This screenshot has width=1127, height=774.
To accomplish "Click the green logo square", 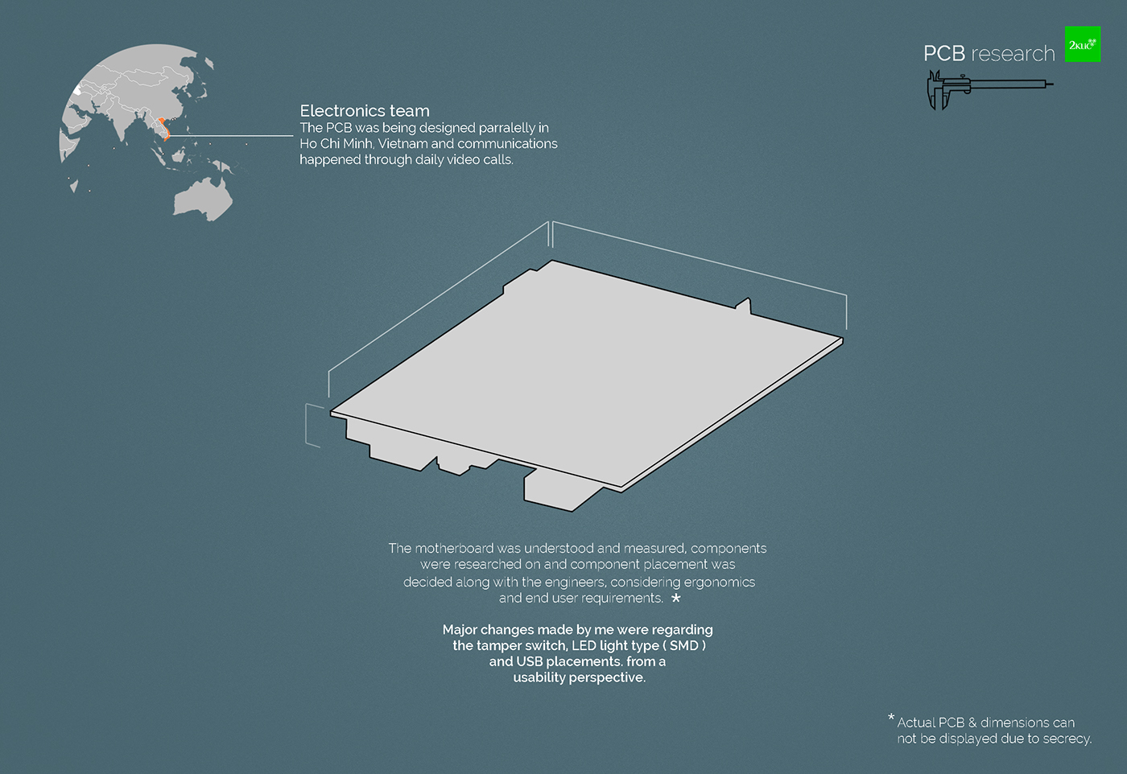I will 1082,44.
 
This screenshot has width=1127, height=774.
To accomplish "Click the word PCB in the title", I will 943,54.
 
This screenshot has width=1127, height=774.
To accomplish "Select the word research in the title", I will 1013,54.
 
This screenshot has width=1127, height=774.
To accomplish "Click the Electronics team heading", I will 365,111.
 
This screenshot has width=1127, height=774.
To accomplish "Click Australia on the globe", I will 203,198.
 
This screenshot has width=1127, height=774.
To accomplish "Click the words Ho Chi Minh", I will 336,144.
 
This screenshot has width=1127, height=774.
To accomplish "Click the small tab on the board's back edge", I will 744,305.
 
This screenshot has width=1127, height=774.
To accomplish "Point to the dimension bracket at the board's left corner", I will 313,424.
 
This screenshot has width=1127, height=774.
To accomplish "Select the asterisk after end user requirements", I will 676,598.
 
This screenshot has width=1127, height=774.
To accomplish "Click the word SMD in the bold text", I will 683,646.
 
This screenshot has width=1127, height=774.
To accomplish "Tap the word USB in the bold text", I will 531,662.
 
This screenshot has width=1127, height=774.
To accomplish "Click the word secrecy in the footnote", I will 1066,739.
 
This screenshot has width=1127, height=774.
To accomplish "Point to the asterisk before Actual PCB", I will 891,718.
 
